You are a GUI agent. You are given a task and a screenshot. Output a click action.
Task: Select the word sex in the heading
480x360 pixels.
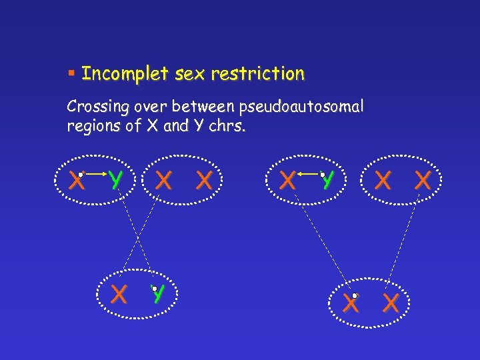coord(189,74)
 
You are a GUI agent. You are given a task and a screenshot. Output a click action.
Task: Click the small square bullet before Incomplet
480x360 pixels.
coord(71,73)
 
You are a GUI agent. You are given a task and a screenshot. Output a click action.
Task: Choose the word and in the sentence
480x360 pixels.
coord(176,126)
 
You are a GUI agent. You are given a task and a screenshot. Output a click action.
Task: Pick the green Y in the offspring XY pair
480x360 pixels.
coord(158,294)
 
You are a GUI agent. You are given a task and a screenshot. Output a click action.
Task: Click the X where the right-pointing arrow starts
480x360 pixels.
coord(77,180)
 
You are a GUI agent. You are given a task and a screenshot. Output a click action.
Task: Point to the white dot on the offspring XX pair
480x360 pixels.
coord(355,295)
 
